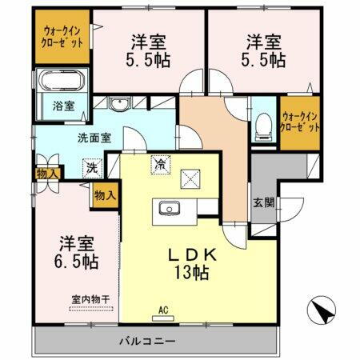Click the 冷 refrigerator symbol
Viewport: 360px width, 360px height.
tap(161, 165)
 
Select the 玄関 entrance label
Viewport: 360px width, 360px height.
tap(265, 202)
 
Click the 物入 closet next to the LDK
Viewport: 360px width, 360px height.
tap(105, 194)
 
